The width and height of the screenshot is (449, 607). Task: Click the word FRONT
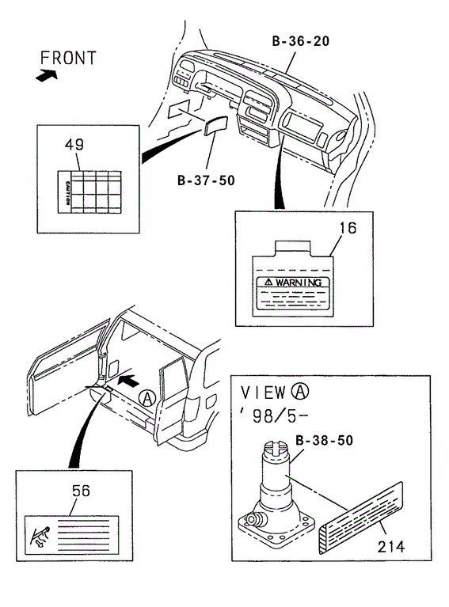pyautogui.click(x=68, y=58)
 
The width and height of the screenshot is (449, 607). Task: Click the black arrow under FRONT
pyautogui.click(x=47, y=75)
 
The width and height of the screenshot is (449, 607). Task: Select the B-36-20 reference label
pyautogui.click(x=301, y=40)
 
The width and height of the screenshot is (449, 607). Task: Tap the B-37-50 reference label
pyautogui.click(x=206, y=180)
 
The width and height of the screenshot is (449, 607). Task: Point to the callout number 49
pyautogui.click(x=74, y=144)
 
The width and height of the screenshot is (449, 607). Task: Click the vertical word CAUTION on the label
pyautogui.click(x=67, y=193)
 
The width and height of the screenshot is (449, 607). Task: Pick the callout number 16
pyautogui.click(x=348, y=228)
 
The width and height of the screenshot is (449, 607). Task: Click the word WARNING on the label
pyautogui.click(x=299, y=283)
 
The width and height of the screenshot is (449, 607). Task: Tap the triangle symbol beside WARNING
pyautogui.click(x=268, y=283)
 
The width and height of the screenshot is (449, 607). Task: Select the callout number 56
pyautogui.click(x=81, y=491)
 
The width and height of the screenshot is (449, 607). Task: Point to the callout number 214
pyautogui.click(x=391, y=547)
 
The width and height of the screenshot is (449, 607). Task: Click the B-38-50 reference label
pyautogui.click(x=324, y=440)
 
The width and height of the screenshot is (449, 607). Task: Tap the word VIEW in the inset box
pyautogui.click(x=263, y=393)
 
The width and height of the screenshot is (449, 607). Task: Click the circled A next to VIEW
pyautogui.click(x=301, y=392)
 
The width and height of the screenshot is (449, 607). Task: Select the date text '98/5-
pyautogui.click(x=274, y=416)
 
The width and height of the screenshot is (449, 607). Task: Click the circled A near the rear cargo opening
pyautogui.click(x=147, y=398)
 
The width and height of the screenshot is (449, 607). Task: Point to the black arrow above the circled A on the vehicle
pyautogui.click(x=127, y=380)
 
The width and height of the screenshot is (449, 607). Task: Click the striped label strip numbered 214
pyautogui.click(x=361, y=518)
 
